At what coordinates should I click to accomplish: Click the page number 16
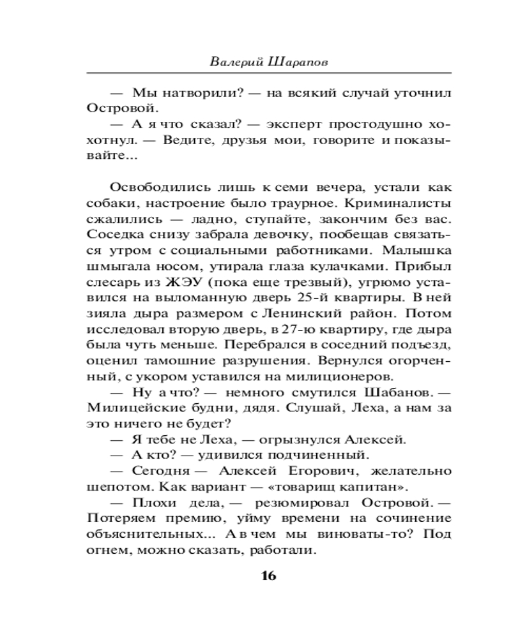pyautogui.click(x=268, y=576)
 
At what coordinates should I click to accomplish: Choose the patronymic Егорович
pyautogui.click(x=309, y=469)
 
